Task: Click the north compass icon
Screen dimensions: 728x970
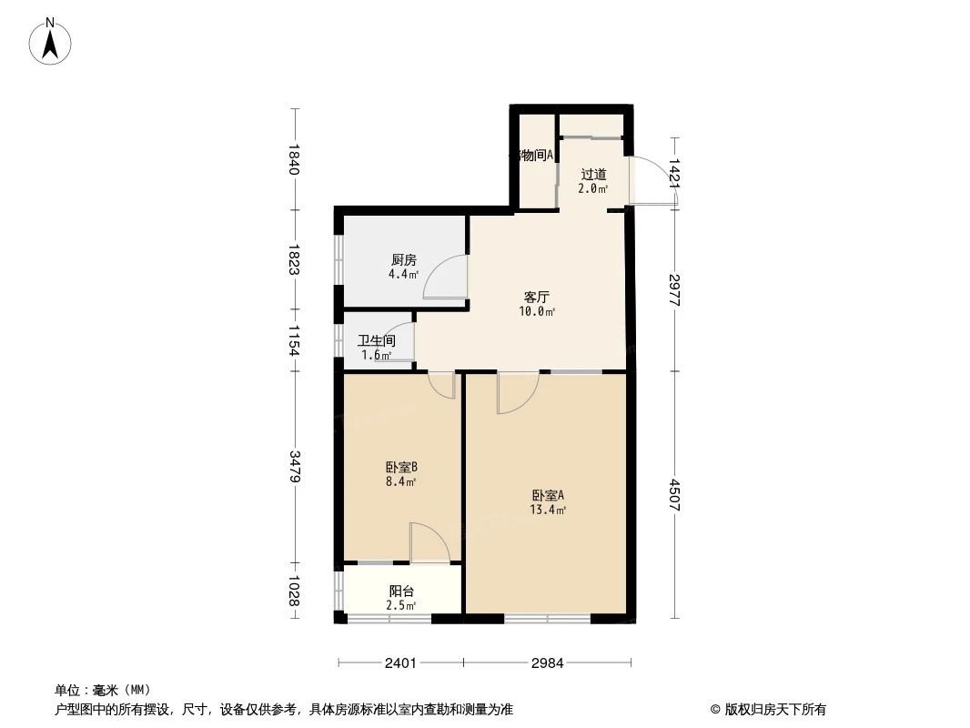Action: [51, 42]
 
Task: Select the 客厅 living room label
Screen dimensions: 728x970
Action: [536, 297]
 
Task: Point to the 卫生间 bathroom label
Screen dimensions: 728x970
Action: [377, 341]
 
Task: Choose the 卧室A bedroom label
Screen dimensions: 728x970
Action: [548, 496]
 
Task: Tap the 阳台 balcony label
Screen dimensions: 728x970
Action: [401, 591]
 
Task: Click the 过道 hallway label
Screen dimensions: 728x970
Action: [593, 174]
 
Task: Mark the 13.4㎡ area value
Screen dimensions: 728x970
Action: [548, 511]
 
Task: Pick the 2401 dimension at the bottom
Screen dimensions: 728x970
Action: [400, 663]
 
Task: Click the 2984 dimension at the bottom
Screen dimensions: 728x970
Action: [547, 663]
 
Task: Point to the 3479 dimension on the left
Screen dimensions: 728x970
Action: [294, 467]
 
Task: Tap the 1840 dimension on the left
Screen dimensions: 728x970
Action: [294, 159]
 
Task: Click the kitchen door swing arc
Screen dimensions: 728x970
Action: [445, 277]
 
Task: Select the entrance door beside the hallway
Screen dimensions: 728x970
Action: [650, 180]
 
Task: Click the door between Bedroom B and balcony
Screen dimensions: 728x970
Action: [429, 543]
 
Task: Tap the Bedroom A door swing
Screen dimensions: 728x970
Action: [518, 392]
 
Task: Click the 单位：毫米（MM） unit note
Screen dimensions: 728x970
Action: [102, 690]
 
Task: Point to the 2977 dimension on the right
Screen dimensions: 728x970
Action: [674, 289]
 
